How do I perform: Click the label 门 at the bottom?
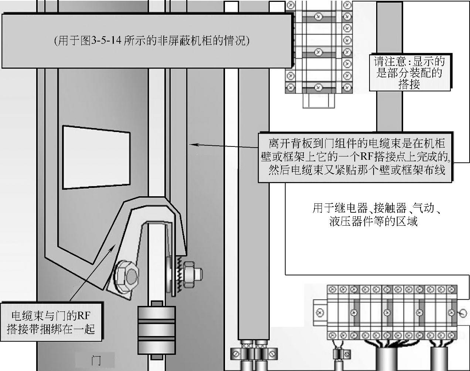(95, 360)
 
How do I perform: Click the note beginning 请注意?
(409, 72)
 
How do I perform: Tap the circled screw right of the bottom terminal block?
(462, 314)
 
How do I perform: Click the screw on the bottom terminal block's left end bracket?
(320, 313)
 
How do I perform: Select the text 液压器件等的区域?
(373, 222)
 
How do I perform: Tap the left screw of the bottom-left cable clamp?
(236, 354)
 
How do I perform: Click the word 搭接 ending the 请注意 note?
(409, 85)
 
